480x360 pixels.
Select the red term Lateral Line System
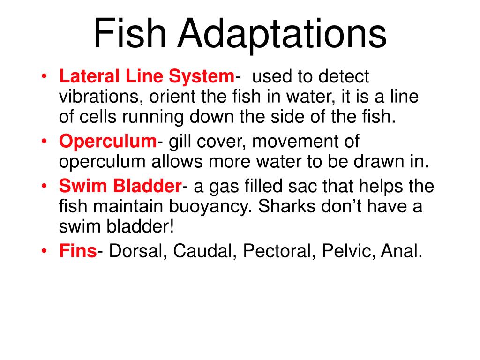tap(146, 77)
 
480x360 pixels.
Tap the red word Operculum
tap(107, 141)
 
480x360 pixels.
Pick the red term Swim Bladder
tap(120, 187)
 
